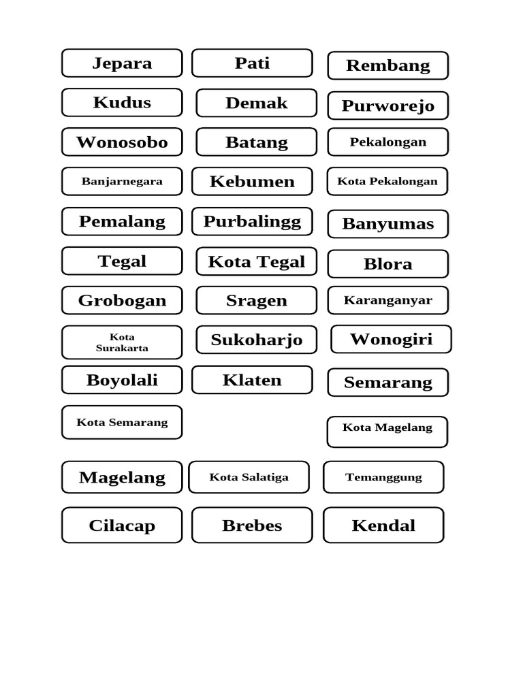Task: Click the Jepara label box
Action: (x=122, y=63)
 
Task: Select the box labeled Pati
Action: (x=252, y=63)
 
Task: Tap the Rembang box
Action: (x=387, y=66)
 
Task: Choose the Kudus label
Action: (x=122, y=103)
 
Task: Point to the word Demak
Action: (x=257, y=103)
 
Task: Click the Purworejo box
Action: (x=387, y=106)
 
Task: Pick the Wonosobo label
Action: (x=122, y=142)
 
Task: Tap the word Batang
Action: (x=257, y=143)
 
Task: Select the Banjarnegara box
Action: (x=122, y=182)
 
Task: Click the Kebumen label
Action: (x=252, y=182)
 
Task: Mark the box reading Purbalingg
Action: (x=252, y=222)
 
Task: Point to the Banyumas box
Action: (x=387, y=224)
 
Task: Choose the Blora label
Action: (x=387, y=264)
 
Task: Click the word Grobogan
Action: (x=122, y=301)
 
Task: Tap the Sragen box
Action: (x=257, y=301)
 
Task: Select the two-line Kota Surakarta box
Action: (x=122, y=342)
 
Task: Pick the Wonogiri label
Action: (x=391, y=340)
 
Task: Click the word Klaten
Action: (x=252, y=380)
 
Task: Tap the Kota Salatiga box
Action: (x=249, y=477)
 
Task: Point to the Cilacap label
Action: (x=122, y=525)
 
